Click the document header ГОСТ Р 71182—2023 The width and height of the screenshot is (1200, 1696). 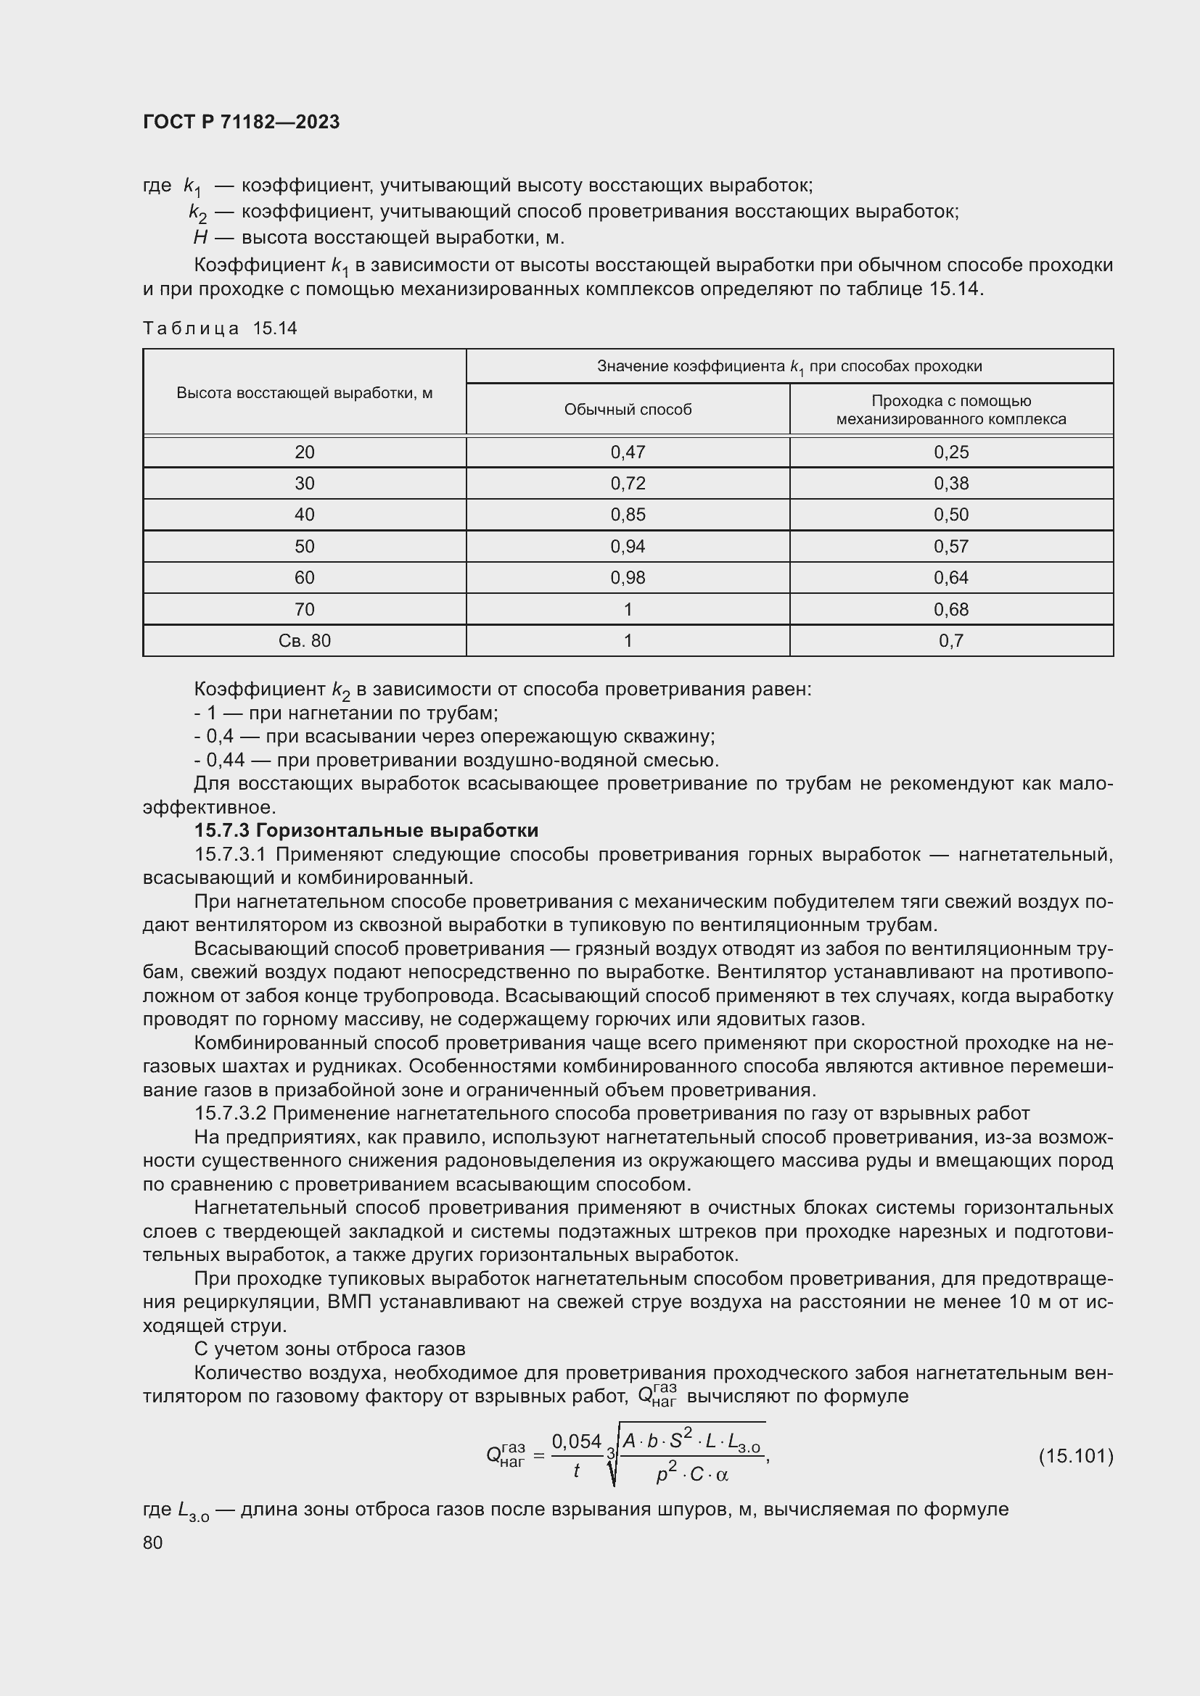point(241,122)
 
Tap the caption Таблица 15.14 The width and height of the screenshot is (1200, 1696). point(219,328)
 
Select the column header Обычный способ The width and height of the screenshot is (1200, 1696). point(628,409)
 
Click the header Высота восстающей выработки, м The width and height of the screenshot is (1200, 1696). point(305,392)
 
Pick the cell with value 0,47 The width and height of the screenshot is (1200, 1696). point(628,452)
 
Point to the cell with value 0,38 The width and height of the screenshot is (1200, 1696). point(951,483)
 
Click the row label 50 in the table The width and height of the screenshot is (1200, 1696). point(305,546)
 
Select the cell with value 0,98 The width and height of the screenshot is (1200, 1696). point(628,578)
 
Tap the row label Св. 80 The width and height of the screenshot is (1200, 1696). point(305,640)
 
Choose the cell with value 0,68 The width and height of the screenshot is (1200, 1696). point(951,609)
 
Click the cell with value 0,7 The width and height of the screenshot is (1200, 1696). point(951,640)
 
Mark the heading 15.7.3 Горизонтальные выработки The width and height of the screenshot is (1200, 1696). point(366,830)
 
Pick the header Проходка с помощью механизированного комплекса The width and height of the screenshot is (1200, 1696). point(951,410)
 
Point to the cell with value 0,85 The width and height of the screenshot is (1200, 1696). point(628,515)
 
